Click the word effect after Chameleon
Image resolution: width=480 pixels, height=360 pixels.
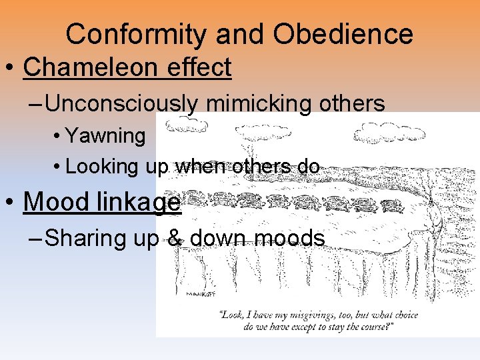[x=201, y=67]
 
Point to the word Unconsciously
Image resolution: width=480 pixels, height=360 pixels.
[x=122, y=103]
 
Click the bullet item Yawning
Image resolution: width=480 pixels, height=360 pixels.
[x=105, y=136]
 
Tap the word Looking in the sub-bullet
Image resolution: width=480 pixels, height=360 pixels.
[x=101, y=166]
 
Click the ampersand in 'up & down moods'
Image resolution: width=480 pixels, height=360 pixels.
[x=175, y=238]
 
